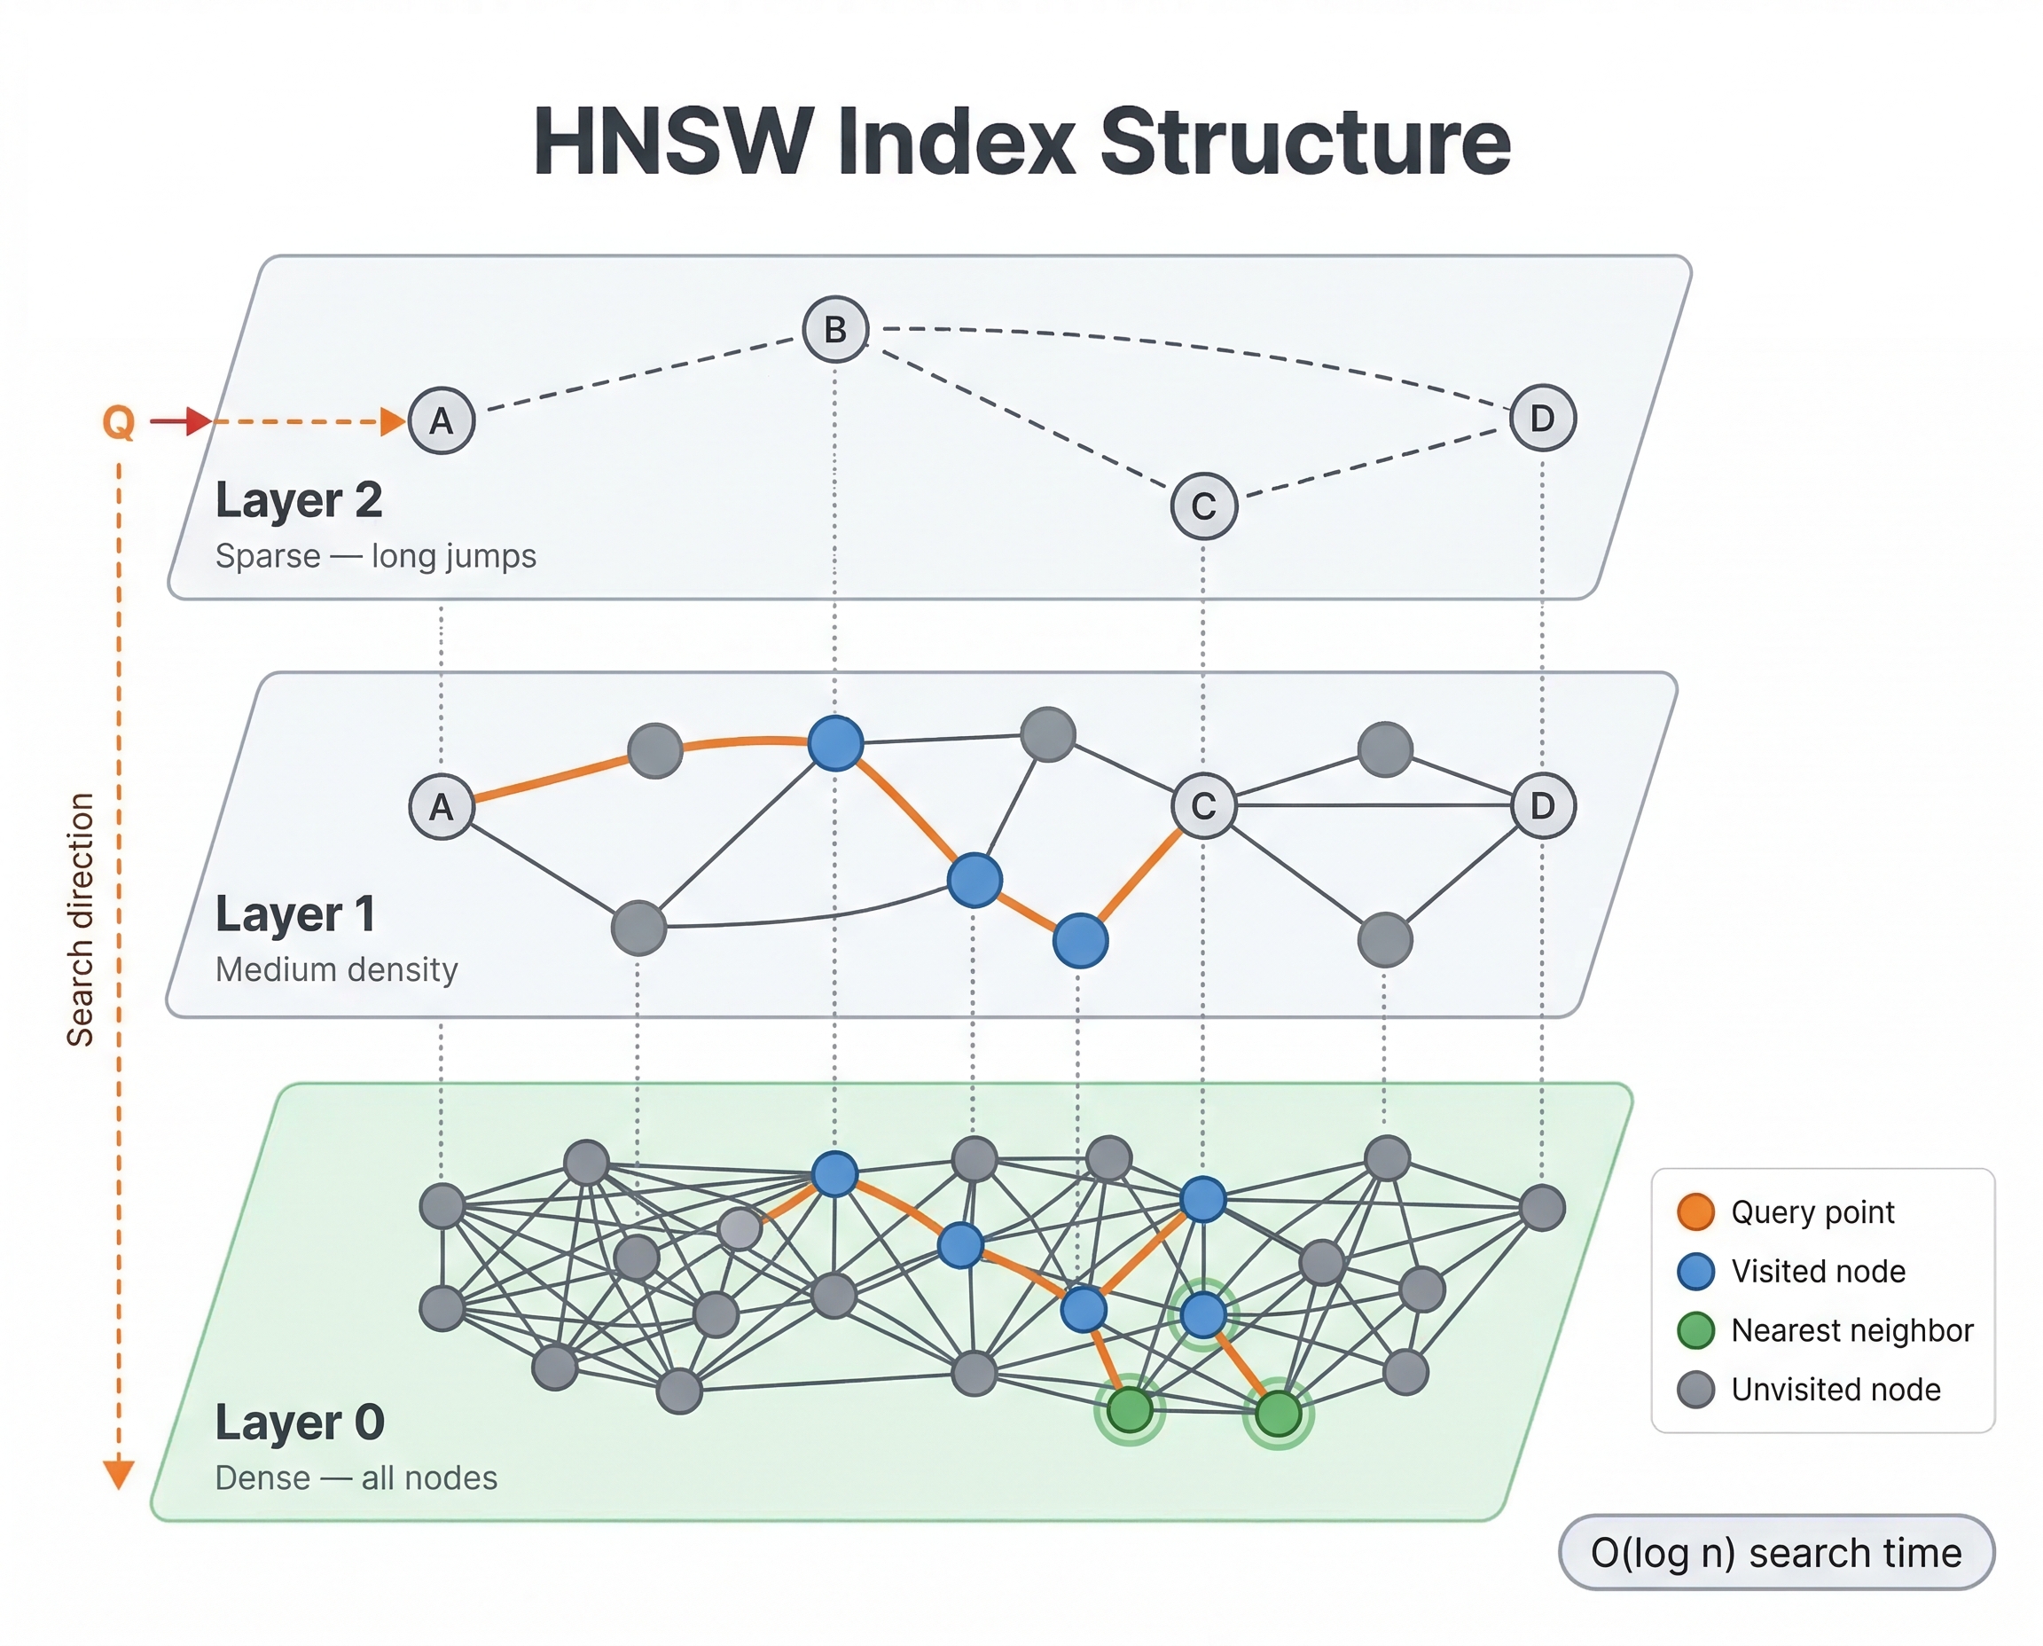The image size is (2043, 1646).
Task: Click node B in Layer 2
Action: pos(835,329)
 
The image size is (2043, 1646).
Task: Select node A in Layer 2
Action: pos(441,420)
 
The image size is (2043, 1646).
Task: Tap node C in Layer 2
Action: pos(1203,506)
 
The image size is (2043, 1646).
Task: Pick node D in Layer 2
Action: pos(1541,417)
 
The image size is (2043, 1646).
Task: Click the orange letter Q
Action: pos(119,422)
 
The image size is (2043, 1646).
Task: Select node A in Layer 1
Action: pos(441,807)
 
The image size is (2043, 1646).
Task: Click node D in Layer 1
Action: pos(1541,805)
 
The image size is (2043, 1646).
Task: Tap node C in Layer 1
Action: pos(1203,806)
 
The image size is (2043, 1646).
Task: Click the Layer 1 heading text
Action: pos(295,914)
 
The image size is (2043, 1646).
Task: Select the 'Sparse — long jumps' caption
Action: pos(375,556)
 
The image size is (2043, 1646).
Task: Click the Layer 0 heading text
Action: pos(300,1423)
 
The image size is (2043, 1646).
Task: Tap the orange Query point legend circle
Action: pos(1695,1211)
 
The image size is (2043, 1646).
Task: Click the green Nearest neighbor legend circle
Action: pos(1695,1330)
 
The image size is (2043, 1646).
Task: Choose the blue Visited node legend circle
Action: pos(1695,1272)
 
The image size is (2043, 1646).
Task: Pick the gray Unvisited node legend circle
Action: pos(1695,1390)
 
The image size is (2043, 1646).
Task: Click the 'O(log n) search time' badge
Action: pos(1776,1553)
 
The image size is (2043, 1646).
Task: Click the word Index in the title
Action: pos(957,142)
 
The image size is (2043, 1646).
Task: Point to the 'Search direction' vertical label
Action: pos(81,919)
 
